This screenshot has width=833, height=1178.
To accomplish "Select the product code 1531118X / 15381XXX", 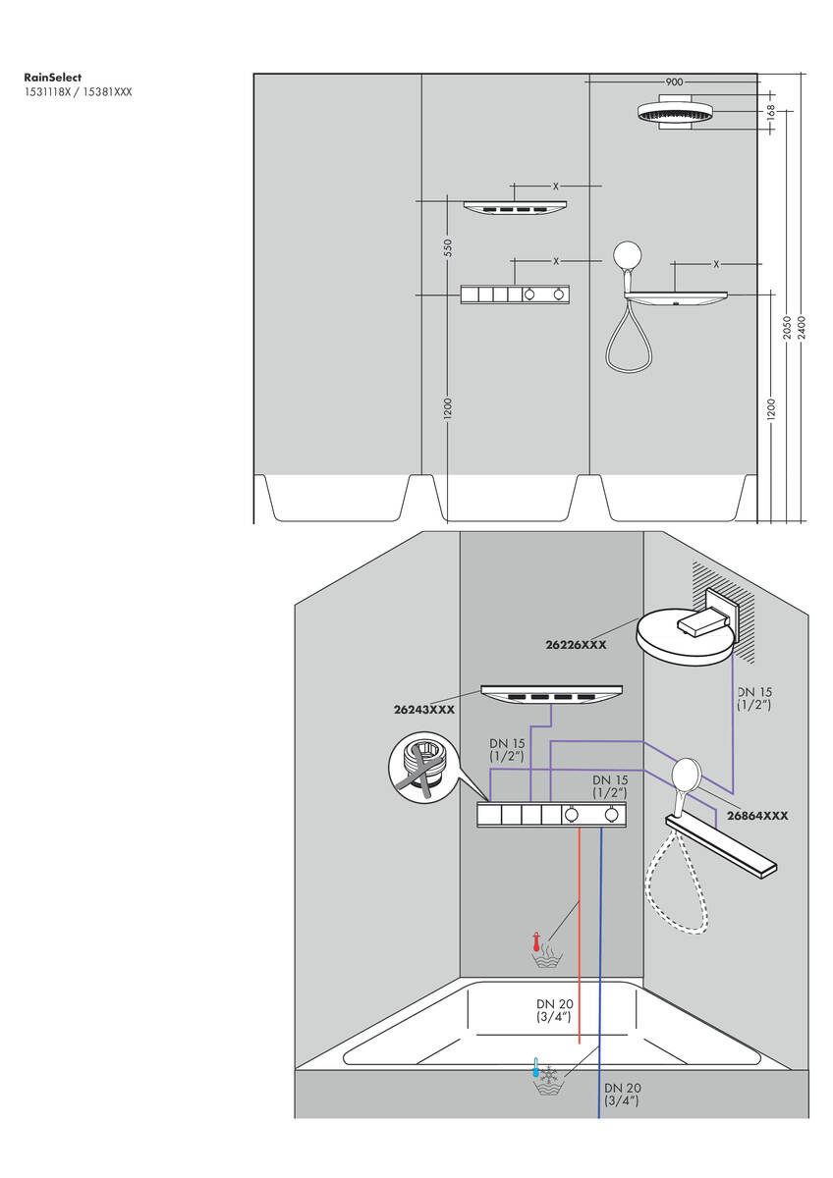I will [x=78, y=91].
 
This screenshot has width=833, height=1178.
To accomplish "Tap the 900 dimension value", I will [x=674, y=82].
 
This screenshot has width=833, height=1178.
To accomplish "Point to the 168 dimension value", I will [x=770, y=113].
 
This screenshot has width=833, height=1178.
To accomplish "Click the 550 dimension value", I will [x=447, y=247].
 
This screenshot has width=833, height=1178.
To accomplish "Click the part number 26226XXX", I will [x=576, y=645].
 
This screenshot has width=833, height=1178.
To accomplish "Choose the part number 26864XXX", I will [x=757, y=815].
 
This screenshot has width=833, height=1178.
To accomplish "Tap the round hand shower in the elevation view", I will [x=628, y=257].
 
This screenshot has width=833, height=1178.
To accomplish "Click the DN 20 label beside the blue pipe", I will [x=622, y=1094].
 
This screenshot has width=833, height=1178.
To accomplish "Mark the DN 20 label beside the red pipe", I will [x=553, y=1010].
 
